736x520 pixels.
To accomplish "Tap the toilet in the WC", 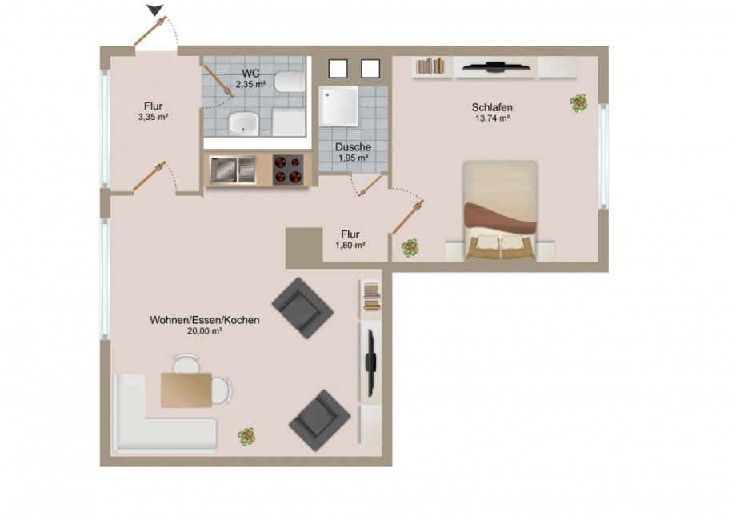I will click(x=286, y=82).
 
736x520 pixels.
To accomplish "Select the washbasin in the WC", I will click(x=242, y=122).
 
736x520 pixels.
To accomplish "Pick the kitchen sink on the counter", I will click(x=233, y=170).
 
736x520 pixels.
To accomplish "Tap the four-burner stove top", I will click(x=289, y=170).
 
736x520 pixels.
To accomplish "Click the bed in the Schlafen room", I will click(x=500, y=210).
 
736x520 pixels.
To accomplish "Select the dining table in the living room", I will click(x=186, y=390).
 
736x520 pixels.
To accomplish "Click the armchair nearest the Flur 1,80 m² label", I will click(x=302, y=308).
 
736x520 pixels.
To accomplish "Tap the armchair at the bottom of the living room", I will click(x=318, y=418).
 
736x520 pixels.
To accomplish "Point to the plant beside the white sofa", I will click(x=247, y=436).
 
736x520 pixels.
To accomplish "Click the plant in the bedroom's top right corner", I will click(x=578, y=102).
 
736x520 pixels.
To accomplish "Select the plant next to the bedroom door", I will click(x=411, y=247).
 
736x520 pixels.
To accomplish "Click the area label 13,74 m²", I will click(x=492, y=118).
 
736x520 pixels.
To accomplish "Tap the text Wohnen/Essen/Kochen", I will click(x=204, y=320).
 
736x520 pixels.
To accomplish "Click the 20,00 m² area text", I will click(x=204, y=331).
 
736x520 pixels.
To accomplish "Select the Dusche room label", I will click(x=353, y=147).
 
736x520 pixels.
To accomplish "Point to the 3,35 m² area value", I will click(x=153, y=117).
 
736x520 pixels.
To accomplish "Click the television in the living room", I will click(x=371, y=362).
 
